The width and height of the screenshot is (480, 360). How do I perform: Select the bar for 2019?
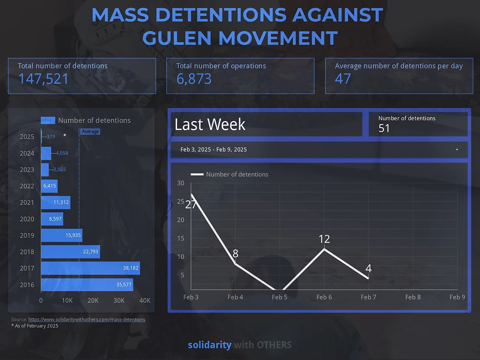point(61,236)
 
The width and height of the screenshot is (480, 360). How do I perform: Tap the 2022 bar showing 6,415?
point(49,186)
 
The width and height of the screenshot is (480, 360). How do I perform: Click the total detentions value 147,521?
point(43,79)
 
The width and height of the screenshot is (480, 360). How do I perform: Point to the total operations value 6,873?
point(194,79)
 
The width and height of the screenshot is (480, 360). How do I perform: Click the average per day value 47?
point(343,79)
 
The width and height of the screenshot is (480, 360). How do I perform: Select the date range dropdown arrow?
point(457,150)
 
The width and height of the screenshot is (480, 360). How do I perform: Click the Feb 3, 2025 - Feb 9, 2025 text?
point(214,150)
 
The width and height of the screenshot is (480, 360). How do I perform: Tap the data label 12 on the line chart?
point(324,239)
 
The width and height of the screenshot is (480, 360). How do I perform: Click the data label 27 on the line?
point(191,204)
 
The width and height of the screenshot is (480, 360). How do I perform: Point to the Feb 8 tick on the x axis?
point(413,297)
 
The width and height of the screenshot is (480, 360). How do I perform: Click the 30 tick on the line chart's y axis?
point(181,183)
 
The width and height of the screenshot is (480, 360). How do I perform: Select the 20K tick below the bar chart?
point(93,300)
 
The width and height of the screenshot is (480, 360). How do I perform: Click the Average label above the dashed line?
point(90,131)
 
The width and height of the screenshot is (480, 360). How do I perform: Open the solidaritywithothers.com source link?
point(86,319)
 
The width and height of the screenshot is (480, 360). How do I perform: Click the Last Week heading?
point(210,124)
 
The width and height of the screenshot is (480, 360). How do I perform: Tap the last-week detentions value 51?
point(384,128)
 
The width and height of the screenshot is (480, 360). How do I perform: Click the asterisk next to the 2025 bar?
point(65,136)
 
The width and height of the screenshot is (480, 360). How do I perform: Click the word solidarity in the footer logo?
point(209,345)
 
